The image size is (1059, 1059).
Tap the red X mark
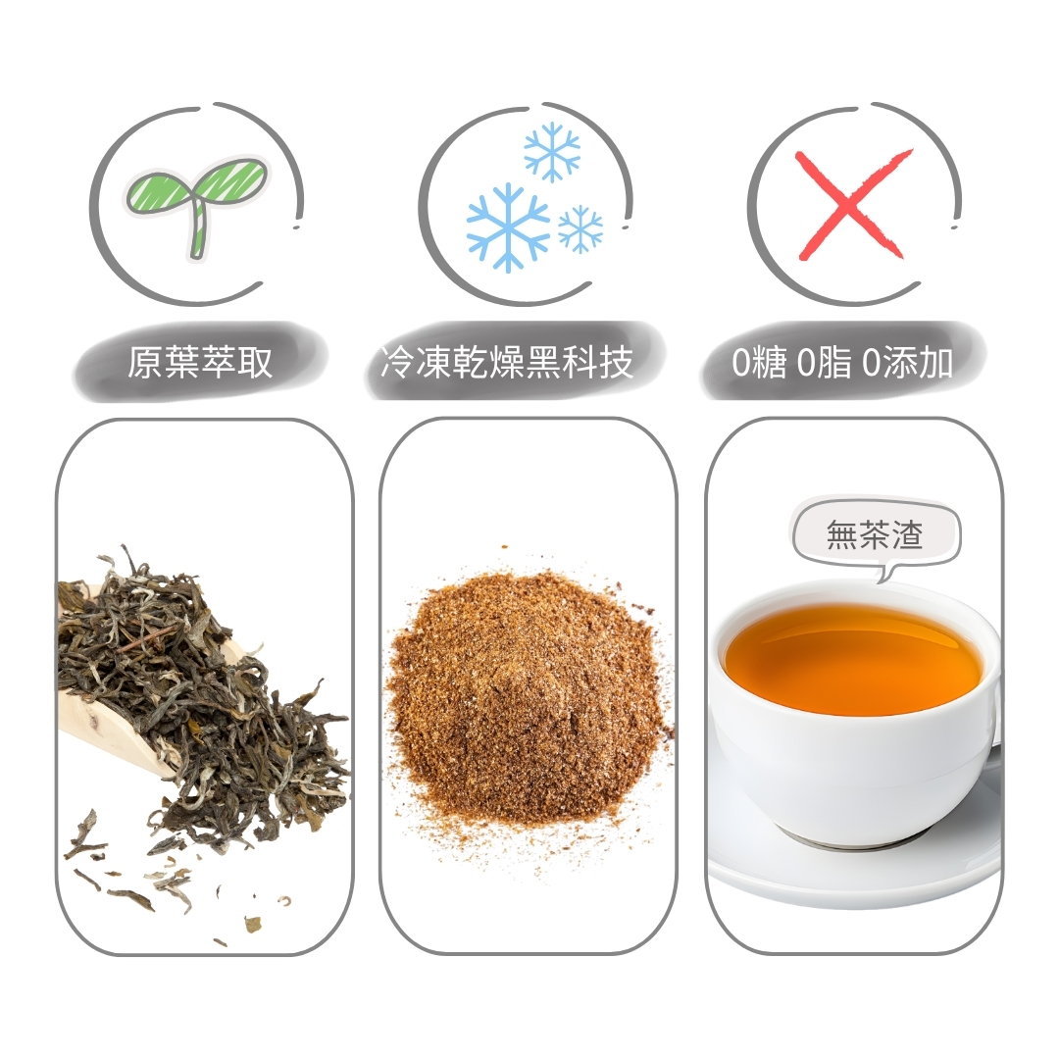point(853,205)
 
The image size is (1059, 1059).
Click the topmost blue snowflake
point(552,151)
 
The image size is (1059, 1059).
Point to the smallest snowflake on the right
point(580,228)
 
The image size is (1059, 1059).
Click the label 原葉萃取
point(200,362)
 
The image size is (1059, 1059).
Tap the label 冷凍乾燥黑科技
point(507,361)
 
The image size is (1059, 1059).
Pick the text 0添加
point(907,363)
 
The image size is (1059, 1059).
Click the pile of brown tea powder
point(527,695)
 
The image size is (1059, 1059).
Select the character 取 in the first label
point(255,362)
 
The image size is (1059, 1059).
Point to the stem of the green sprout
point(197,229)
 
